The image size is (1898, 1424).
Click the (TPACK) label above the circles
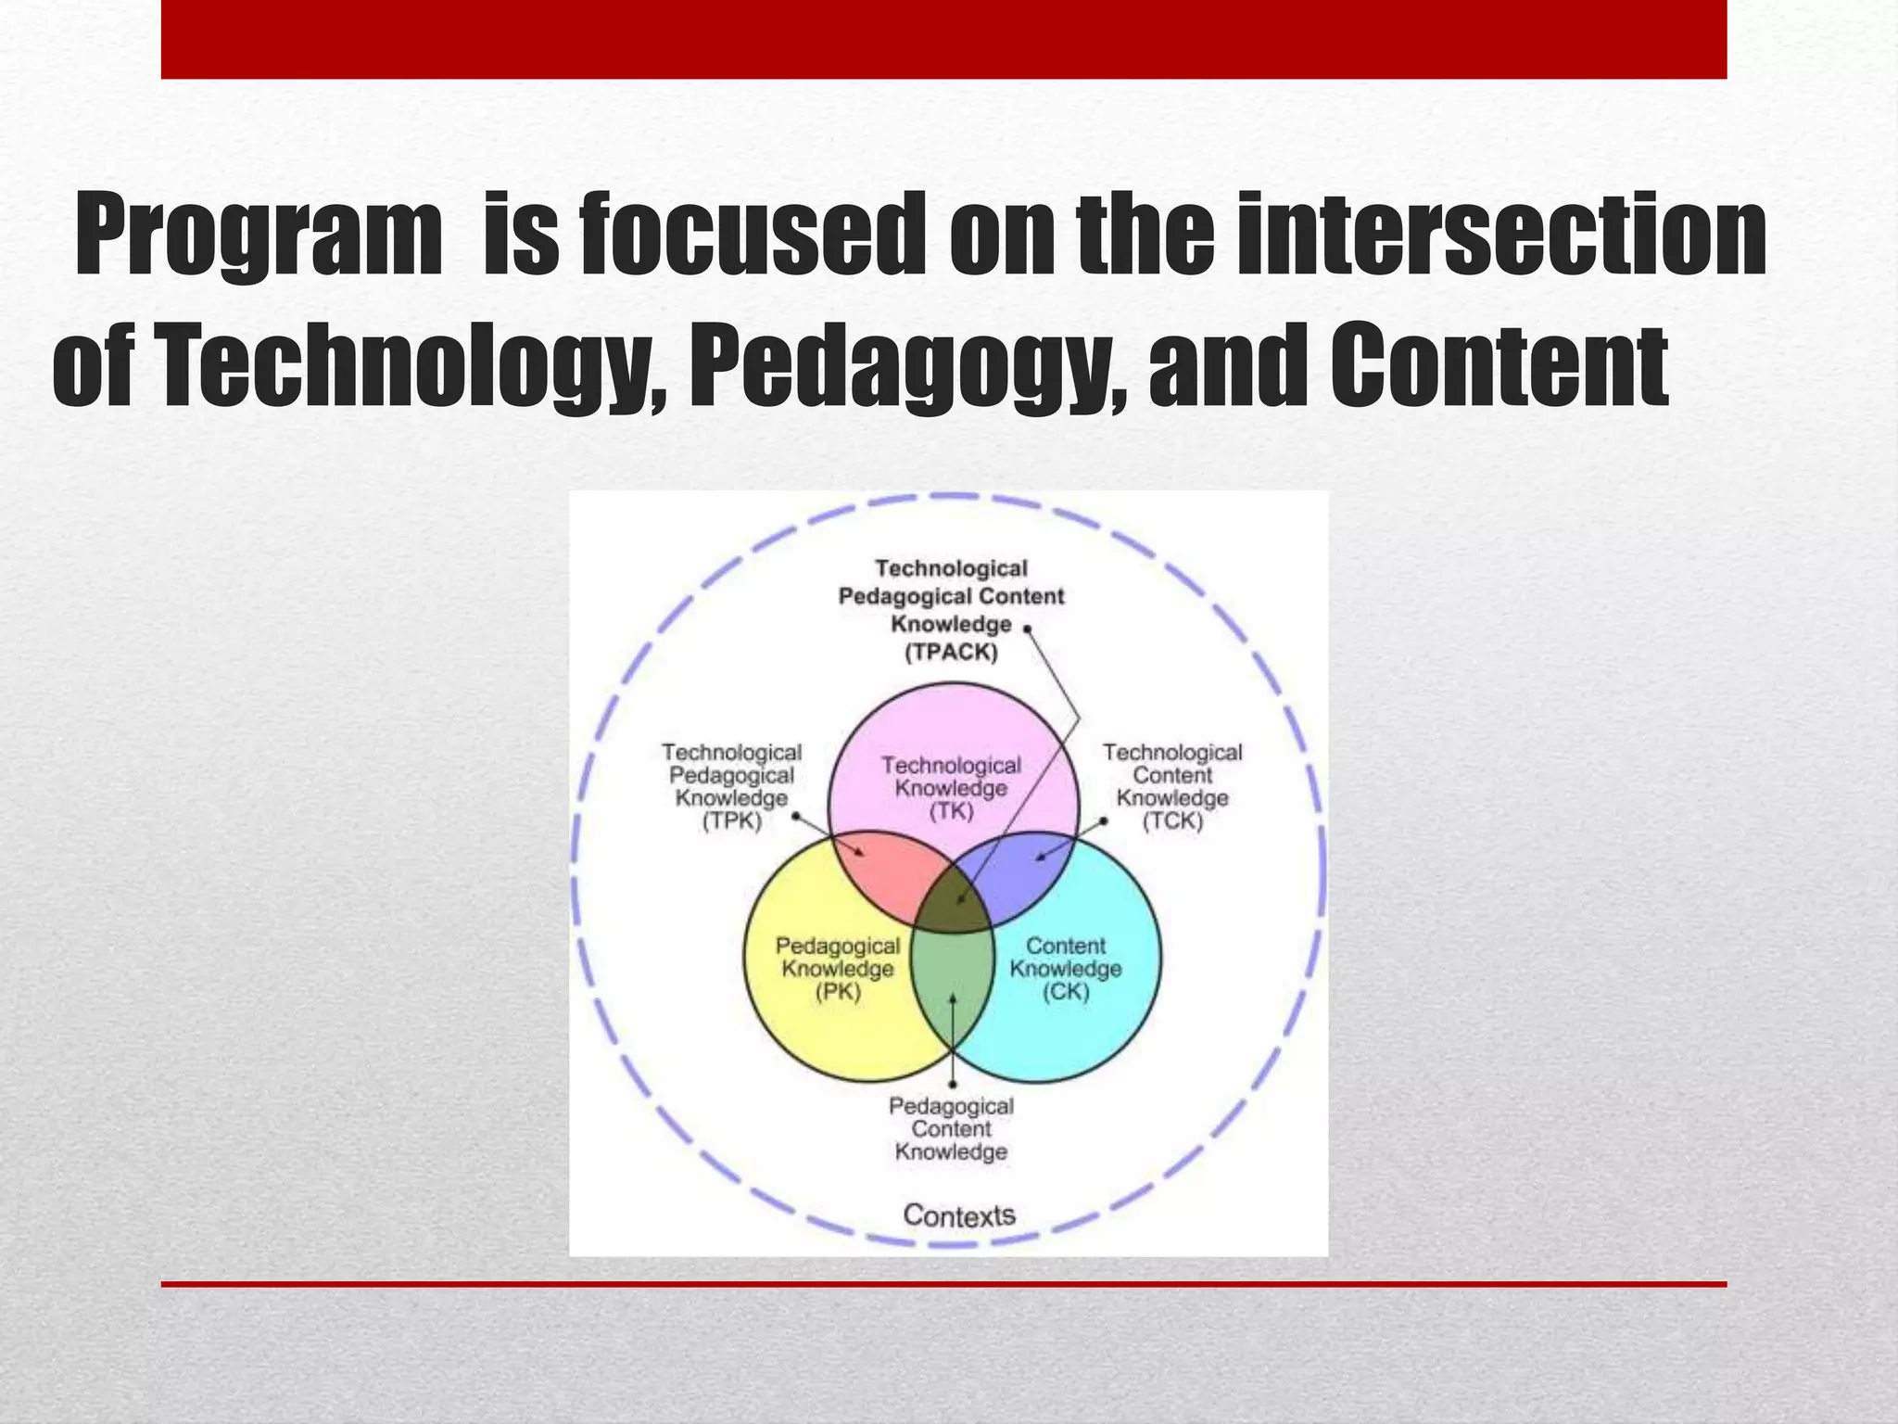click(951, 653)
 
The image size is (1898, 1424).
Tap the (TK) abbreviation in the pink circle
click(951, 812)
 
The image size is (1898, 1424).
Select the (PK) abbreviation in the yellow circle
click(838, 992)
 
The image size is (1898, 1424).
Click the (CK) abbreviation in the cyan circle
click(1066, 992)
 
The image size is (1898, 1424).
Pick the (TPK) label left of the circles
click(731, 821)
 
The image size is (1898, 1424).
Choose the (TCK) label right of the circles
click(1171, 821)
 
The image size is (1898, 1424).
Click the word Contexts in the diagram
click(959, 1214)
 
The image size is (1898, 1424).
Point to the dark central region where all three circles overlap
click(953, 904)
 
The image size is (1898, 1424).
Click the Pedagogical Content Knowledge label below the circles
click(951, 1129)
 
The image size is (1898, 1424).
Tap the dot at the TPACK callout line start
click(1027, 629)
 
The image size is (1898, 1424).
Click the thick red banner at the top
click(943, 39)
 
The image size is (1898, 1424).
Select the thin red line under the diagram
click(943, 1284)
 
